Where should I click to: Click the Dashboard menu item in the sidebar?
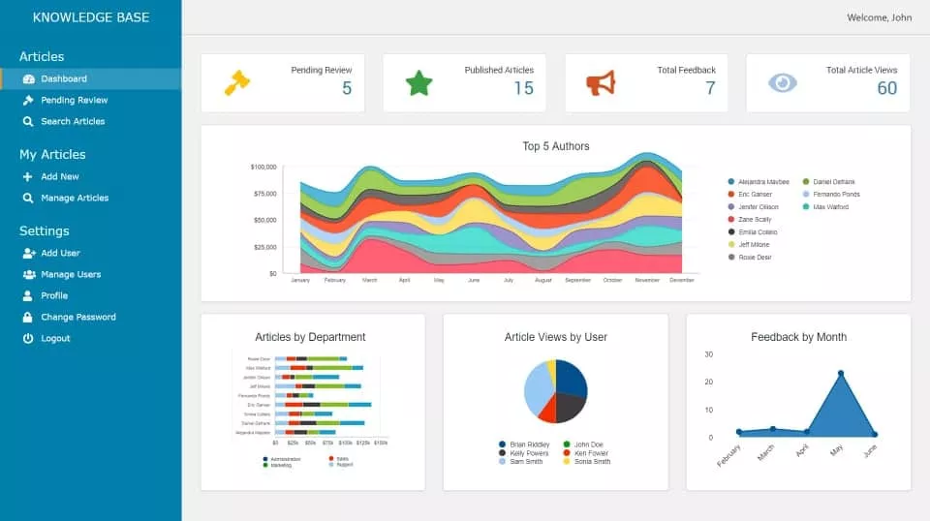[x=63, y=78]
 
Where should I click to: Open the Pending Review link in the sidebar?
[x=74, y=100]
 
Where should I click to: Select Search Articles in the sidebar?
[x=73, y=121]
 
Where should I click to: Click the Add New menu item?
[x=59, y=176]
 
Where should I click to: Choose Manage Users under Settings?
[x=71, y=274]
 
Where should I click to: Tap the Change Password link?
[x=77, y=317]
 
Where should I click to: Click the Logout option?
[x=55, y=338]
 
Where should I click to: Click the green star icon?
[x=418, y=83]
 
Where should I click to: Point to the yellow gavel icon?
[x=236, y=83]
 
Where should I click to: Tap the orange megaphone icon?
[x=601, y=83]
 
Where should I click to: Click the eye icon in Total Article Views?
[x=782, y=83]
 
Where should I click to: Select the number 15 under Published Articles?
[x=523, y=88]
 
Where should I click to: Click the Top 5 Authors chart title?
[x=555, y=146]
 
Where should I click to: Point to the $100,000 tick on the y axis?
[x=263, y=167]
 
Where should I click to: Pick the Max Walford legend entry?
[x=830, y=207]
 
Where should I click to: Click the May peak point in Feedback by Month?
[x=840, y=373]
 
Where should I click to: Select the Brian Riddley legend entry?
[x=529, y=444]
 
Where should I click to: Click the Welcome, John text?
[x=879, y=17]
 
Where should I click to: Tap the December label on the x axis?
[x=681, y=280]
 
